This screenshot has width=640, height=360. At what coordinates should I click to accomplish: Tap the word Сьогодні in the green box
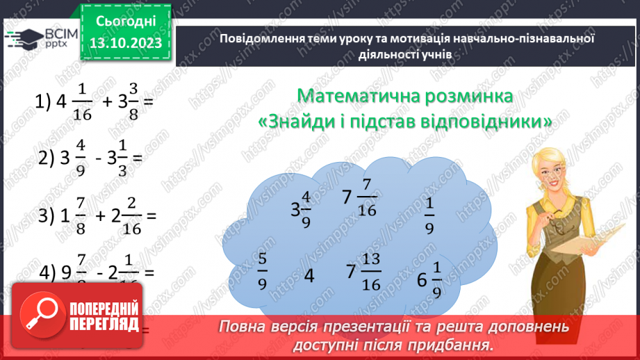click(126, 21)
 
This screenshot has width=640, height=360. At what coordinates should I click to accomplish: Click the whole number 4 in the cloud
click(310, 276)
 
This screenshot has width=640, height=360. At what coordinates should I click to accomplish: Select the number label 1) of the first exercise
click(42, 102)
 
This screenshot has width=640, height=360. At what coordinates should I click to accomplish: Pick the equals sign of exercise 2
click(138, 159)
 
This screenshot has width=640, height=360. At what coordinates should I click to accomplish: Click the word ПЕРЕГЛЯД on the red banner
click(104, 324)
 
